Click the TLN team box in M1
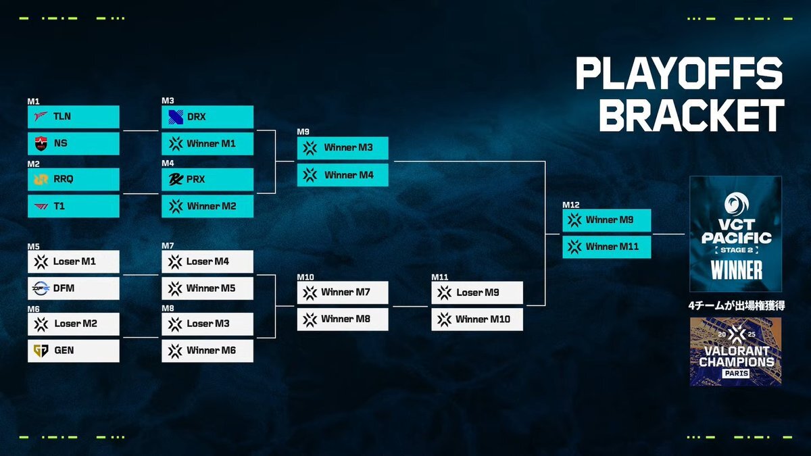[x=74, y=116]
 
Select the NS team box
[x=74, y=143]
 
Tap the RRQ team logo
[x=41, y=179]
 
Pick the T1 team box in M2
[x=74, y=206]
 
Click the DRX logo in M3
[x=176, y=117]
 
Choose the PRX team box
[x=207, y=180]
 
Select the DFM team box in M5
[x=74, y=288]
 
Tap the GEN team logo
[x=41, y=351]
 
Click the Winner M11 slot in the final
[x=607, y=247]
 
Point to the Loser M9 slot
[x=477, y=293]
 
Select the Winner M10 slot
[x=477, y=320]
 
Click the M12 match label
[x=571, y=205]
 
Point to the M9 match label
[x=303, y=132]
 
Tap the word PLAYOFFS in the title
[x=679, y=74]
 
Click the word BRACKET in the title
[x=691, y=116]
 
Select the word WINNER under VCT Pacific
[x=737, y=270]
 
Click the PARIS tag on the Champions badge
[x=735, y=374]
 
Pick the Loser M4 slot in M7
[x=207, y=261]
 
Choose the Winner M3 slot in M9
[x=343, y=148]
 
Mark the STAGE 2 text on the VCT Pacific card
[x=737, y=250]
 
